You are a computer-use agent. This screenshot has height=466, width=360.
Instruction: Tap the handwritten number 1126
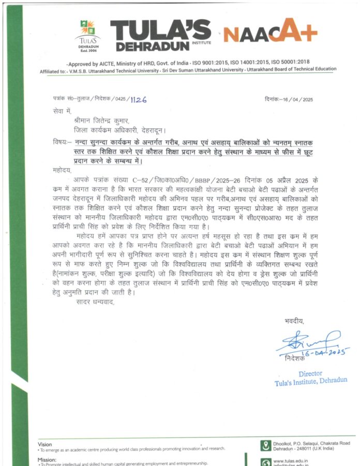point(138,99)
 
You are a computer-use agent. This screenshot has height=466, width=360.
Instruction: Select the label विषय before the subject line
point(62,142)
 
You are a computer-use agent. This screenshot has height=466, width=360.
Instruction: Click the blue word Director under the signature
point(310,373)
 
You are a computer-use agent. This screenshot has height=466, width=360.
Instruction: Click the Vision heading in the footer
point(45,444)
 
